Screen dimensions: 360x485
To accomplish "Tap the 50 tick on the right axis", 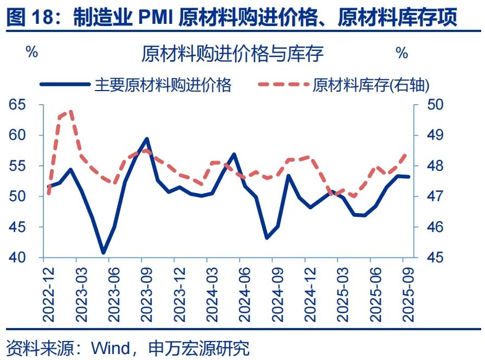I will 434,105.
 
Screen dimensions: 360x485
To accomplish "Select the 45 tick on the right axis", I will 434,258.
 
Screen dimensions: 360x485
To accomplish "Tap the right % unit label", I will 402,53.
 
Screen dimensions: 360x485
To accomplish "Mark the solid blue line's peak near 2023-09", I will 146,139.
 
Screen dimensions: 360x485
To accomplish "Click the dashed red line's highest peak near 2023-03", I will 71,111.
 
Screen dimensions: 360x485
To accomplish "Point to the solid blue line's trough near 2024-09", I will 267,237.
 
